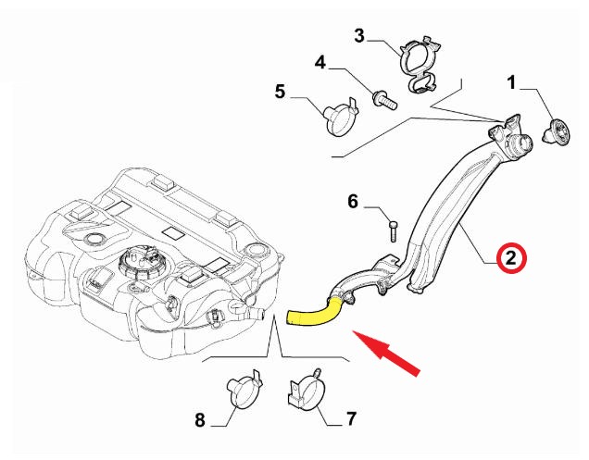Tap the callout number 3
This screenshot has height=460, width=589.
click(360, 36)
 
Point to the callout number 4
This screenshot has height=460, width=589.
click(320, 63)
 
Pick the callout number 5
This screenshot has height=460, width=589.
click(281, 91)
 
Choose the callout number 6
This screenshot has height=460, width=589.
click(353, 200)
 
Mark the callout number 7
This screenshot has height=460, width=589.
click(351, 419)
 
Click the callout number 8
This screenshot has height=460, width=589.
click(200, 421)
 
